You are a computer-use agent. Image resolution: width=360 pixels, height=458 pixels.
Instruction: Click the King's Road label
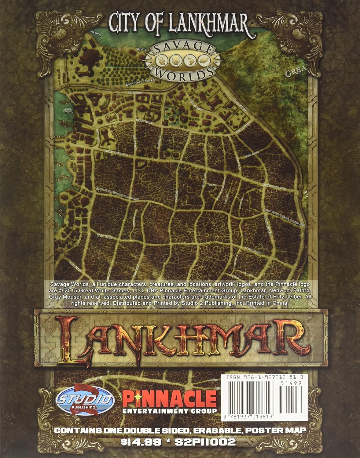coord(135,91)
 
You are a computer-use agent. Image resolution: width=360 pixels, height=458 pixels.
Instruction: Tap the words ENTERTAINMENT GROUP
coord(170,411)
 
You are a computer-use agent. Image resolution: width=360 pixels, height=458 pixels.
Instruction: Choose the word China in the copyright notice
coord(281,303)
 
